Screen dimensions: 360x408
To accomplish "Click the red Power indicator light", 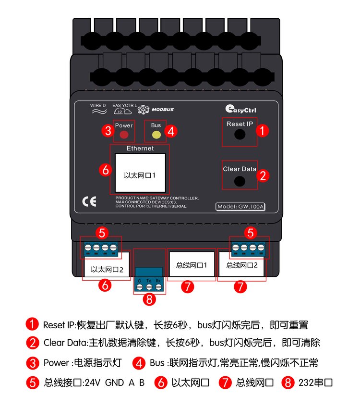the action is (x=124, y=135).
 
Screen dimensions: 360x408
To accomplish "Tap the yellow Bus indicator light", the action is (x=156, y=135).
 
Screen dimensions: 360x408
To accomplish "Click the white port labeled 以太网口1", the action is (x=140, y=173).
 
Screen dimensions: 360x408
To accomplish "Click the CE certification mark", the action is (x=89, y=201).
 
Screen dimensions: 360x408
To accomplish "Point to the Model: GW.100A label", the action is (x=240, y=207).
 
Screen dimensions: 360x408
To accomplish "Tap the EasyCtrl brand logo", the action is (x=240, y=109).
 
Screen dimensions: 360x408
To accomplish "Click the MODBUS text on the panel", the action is (x=163, y=110).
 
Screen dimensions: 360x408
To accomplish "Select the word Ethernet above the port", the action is (x=140, y=148).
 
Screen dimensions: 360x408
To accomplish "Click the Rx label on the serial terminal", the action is (x=158, y=281).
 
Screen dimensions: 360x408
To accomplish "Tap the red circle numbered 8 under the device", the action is (x=149, y=299).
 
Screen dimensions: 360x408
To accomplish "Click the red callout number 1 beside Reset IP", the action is (x=262, y=130).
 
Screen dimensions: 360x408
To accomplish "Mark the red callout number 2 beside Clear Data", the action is (x=263, y=175).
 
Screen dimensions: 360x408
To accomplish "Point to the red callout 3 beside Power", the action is (x=108, y=130).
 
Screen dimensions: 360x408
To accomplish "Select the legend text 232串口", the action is (x=315, y=383).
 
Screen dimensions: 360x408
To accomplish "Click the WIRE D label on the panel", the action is (x=98, y=105).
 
